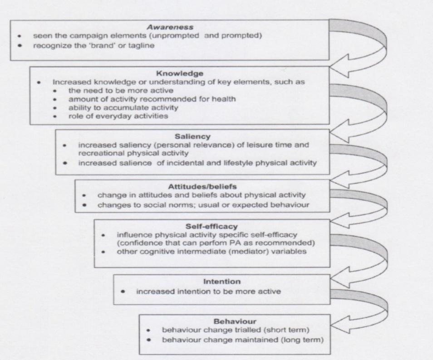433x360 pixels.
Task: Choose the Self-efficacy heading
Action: tap(206, 225)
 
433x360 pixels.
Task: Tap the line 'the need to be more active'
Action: tap(112, 91)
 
